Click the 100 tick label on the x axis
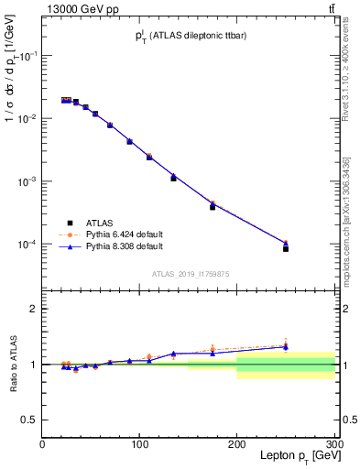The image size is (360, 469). point(139,444)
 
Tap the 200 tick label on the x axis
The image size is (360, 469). point(236,444)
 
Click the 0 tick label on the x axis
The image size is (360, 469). point(42,444)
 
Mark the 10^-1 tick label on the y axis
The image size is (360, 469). point(24,56)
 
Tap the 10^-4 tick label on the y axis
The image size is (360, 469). point(24,245)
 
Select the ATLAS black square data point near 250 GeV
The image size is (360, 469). point(286,248)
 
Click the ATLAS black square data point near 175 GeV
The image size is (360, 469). point(213,207)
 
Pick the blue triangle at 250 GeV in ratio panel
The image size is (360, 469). point(286,347)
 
